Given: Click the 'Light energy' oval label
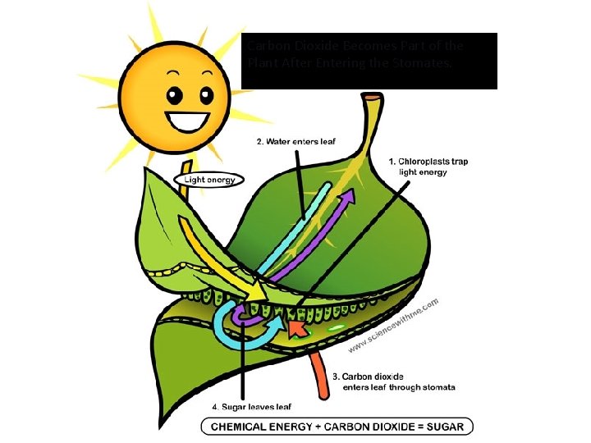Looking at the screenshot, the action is click(x=209, y=180).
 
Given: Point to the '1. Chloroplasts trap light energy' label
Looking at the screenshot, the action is click(x=428, y=167).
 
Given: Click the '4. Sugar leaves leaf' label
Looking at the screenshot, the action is click(x=251, y=405).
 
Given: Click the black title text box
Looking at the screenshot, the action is click(x=369, y=61).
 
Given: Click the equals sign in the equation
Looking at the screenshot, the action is click(x=415, y=427).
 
